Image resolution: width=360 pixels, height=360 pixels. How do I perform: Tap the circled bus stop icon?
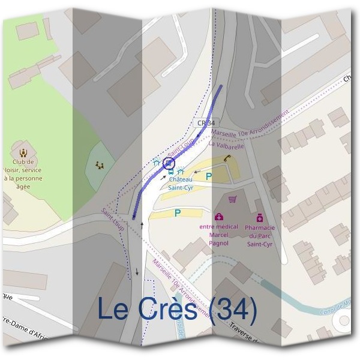(x=169, y=163)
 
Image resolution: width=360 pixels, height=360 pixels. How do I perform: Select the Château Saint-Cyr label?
(x=181, y=184)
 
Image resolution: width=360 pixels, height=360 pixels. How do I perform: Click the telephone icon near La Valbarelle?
(x=227, y=158)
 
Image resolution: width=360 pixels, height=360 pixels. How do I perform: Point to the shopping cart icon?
(x=232, y=200)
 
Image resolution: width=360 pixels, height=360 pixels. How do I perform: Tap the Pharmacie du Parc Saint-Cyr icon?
(x=260, y=217)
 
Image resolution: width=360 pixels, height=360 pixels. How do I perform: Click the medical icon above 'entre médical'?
(x=219, y=217)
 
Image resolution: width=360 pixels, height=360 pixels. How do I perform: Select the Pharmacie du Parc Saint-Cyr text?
(x=260, y=236)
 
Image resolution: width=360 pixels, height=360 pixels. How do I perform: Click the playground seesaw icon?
(x=100, y=164)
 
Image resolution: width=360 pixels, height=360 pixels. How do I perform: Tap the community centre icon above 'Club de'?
(x=23, y=152)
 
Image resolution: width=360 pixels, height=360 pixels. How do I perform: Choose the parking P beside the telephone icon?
(x=209, y=176)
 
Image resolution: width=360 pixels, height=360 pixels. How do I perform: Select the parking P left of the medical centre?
(x=178, y=212)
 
